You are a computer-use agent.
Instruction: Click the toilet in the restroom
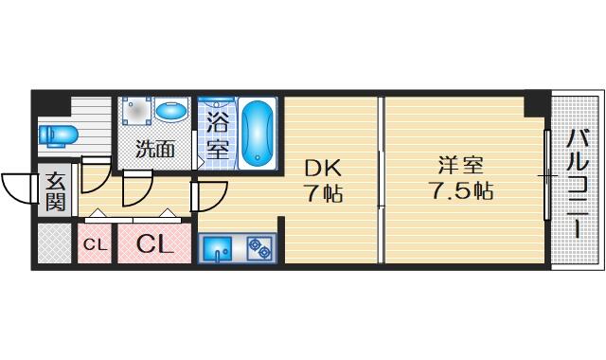coord(59,135)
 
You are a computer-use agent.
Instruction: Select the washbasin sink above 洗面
coord(171,110)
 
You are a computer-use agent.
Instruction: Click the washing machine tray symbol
coord(136,111)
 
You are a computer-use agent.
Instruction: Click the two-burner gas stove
coord(259,248)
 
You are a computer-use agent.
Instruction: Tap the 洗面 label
coord(155,149)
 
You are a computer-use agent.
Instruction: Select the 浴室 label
coord(218,135)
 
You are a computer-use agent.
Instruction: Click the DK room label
coord(323,169)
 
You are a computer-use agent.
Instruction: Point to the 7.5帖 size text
coord(461,190)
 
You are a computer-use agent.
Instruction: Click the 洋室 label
coord(461,166)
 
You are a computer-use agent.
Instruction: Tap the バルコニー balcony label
coord(578,184)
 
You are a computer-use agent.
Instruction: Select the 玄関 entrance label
coord(55,190)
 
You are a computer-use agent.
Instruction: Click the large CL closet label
coord(153,243)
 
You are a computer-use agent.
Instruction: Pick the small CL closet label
coord(95,244)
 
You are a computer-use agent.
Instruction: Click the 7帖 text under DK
coord(324,192)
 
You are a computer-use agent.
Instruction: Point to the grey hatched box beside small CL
coord(54,243)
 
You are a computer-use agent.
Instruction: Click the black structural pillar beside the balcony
coord(537,104)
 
